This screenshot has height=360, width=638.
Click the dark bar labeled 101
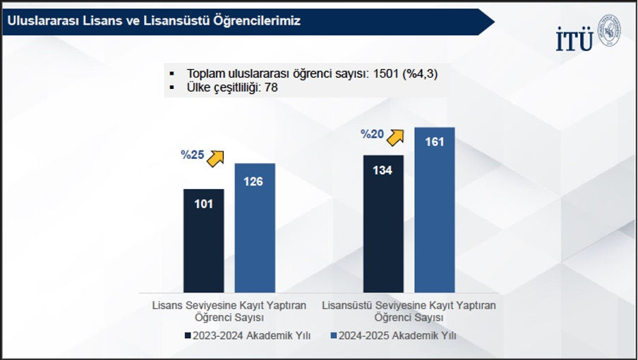click(x=203, y=240)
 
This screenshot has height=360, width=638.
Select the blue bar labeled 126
click(x=254, y=227)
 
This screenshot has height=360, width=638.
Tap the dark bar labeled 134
click(x=383, y=223)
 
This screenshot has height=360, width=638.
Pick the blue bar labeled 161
click(x=435, y=210)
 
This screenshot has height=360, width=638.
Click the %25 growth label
click(x=193, y=155)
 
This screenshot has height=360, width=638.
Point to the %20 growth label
click(x=372, y=134)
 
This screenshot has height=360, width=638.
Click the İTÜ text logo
click(x=574, y=41)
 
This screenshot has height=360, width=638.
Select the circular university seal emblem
click(x=610, y=32)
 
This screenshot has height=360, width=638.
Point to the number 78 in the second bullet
click(x=270, y=88)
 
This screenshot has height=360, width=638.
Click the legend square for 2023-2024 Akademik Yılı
click(x=188, y=336)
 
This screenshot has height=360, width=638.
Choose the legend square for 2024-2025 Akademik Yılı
click(x=334, y=336)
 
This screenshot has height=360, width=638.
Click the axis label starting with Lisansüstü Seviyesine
click(x=409, y=311)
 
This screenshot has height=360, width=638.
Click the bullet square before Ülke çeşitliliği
click(x=171, y=88)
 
